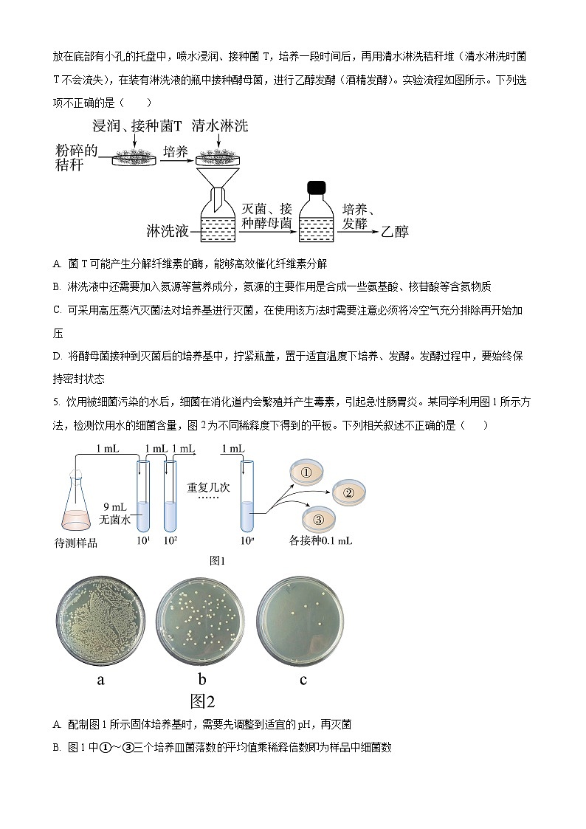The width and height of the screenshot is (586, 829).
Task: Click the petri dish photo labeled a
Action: [x=101, y=621]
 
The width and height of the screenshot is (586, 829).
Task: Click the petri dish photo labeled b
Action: [x=201, y=621]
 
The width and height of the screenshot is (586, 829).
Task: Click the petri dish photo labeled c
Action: [x=303, y=621]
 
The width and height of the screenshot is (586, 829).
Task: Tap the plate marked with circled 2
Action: [x=349, y=492]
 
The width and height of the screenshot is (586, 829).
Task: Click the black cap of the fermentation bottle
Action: [x=317, y=188]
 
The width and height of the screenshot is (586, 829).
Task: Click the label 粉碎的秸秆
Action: [x=76, y=158]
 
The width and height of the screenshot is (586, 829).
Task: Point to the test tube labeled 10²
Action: [x=170, y=502]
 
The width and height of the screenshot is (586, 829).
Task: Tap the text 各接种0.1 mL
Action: [x=321, y=541]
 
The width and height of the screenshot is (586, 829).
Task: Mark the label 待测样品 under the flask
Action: [x=76, y=543]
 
